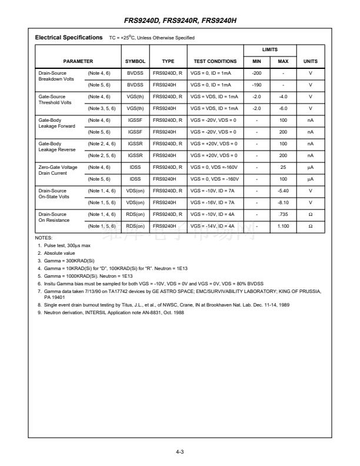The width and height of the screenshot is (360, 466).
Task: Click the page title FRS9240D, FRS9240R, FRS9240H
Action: pyautogui.click(x=180, y=22)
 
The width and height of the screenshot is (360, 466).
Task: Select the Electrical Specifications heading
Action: pyautogui.click(x=69, y=38)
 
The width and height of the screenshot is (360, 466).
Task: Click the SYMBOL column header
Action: pyautogui.click(x=135, y=61)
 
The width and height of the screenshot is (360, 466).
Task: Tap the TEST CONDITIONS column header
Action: pyautogui.click(x=215, y=61)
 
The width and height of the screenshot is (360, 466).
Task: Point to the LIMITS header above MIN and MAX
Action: pyautogui.click(x=269, y=50)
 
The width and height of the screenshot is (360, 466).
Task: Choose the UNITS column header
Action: pyautogui.click(x=310, y=61)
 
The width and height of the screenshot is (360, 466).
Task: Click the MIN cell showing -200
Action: pyautogui.click(x=256, y=72)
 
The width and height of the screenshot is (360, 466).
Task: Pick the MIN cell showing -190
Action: pyautogui.click(x=256, y=84)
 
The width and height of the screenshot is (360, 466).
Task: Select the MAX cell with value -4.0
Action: pyautogui.click(x=283, y=96)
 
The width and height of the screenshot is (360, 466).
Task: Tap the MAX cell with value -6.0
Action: pyautogui.click(x=283, y=108)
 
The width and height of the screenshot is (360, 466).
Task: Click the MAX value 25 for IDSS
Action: pyautogui.click(x=283, y=167)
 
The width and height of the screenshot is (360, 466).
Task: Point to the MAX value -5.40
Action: pyautogui.click(x=283, y=191)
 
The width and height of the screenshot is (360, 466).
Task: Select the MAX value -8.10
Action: pyautogui.click(x=283, y=202)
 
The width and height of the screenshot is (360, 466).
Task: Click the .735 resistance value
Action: pyautogui.click(x=283, y=214)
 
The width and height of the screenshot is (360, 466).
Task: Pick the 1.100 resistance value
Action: pyautogui.click(x=283, y=226)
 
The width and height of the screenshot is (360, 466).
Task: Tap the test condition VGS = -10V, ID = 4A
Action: pyautogui.click(x=213, y=214)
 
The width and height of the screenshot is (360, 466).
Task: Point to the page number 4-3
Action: pyautogui.click(x=180, y=451)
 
